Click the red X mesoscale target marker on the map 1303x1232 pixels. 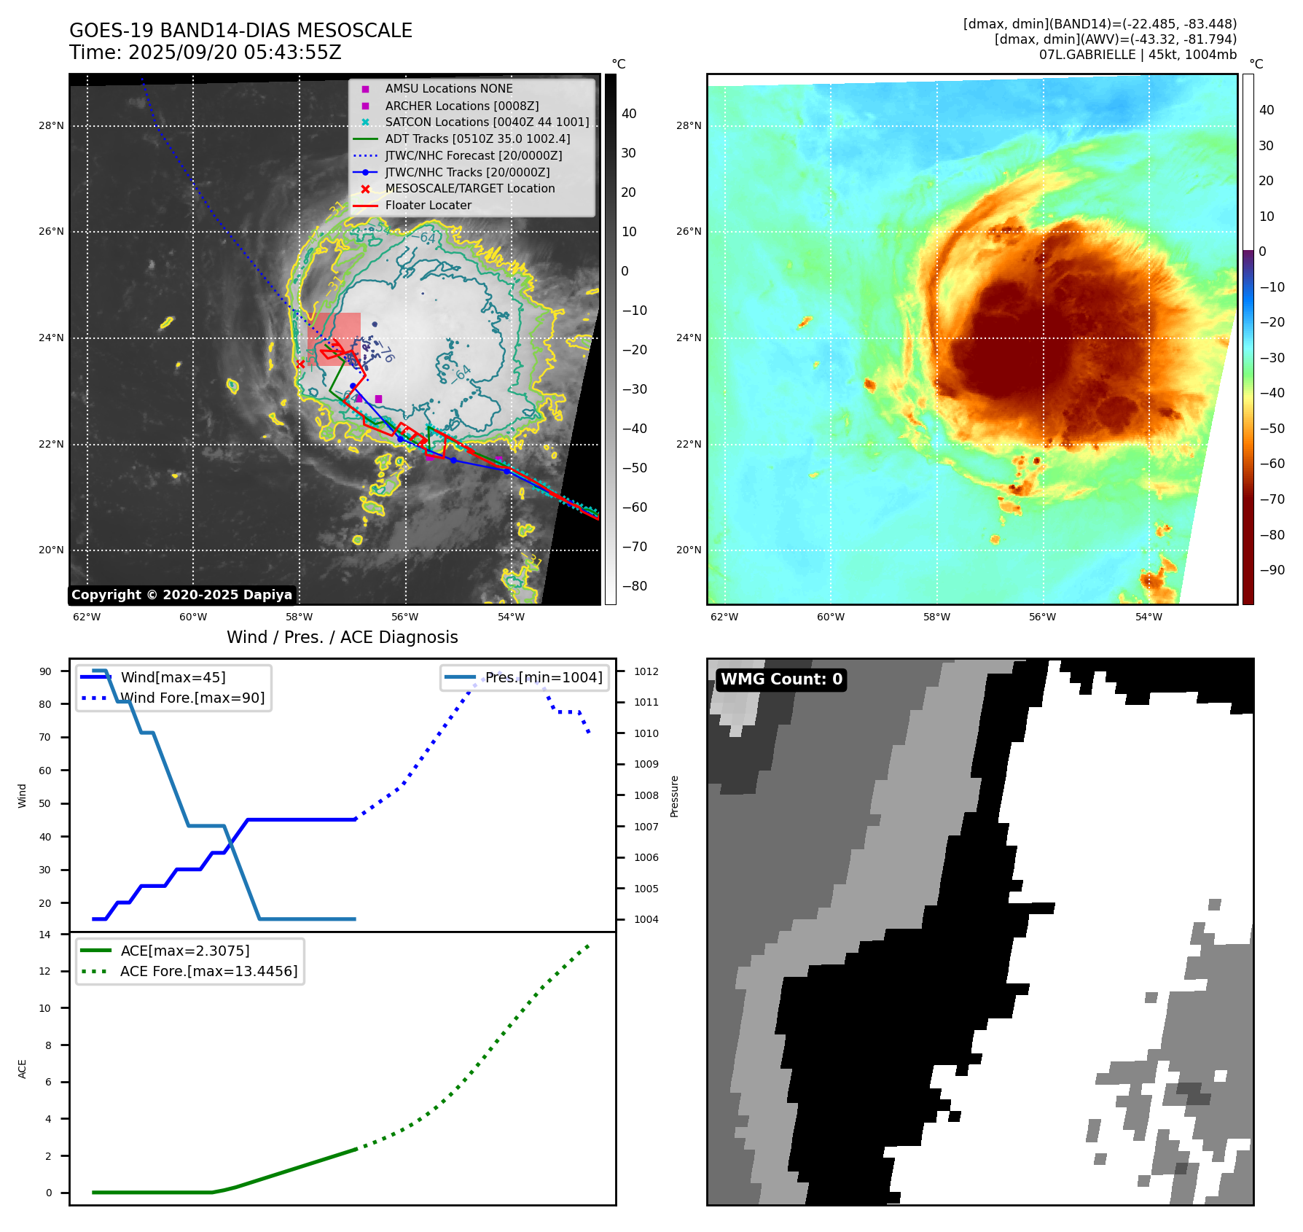click(300, 364)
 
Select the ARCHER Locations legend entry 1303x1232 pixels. click(461, 106)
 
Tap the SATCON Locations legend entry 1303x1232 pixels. click(486, 122)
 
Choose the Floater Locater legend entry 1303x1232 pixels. click(428, 206)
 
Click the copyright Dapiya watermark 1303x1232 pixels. click(181, 595)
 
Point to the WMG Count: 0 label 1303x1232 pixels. click(781, 679)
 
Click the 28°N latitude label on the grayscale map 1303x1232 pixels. click(51, 126)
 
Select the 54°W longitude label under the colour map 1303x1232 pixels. click(1149, 617)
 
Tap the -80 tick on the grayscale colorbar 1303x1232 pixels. click(634, 586)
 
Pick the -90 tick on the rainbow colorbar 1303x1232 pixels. click(1272, 570)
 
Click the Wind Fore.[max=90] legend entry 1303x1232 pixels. click(192, 698)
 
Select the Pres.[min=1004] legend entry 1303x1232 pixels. click(544, 678)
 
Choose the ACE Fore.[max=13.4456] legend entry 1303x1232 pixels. click(208, 972)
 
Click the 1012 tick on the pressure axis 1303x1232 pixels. click(646, 671)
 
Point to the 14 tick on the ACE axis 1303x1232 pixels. click(45, 935)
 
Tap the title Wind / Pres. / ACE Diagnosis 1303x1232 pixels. click(342, 637)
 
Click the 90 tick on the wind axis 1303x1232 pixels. click(45, 671)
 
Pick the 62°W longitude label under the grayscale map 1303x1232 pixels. click(87, 617)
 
